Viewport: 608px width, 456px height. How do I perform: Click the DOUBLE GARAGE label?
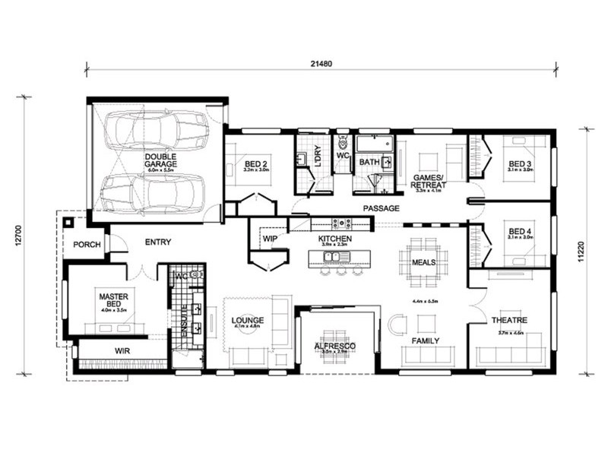[160, 161]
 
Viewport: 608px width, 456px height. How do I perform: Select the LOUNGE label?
[248, 320]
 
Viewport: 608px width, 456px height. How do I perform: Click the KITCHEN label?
[334, 239]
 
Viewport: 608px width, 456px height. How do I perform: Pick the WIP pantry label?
[270, 239]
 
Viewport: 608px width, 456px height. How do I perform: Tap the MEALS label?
[423, 262]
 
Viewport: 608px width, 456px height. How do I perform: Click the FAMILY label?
[425, 341]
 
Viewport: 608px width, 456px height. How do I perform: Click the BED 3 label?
[520, 163]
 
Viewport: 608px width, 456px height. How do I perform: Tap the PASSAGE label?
[381, 207]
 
